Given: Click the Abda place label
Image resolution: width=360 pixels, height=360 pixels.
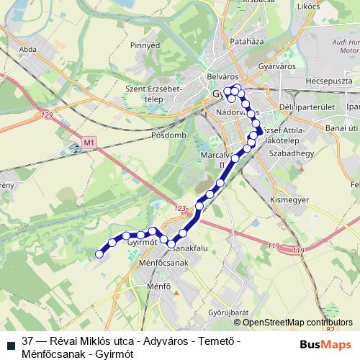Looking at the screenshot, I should (x=29, y=50).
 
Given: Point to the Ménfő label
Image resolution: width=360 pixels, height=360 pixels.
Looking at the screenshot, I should (x=158, y=287).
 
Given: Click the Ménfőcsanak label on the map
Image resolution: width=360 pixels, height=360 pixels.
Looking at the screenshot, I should (x=163, y=264).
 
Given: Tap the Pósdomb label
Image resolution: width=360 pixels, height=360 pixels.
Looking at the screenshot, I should (x=169, y=135).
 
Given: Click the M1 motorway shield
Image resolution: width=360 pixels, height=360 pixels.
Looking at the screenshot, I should (x=89, y=143).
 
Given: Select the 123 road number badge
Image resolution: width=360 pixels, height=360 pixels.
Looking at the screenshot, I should (x=179, y=208).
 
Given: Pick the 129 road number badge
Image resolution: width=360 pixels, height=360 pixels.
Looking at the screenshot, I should (x=48, y=116).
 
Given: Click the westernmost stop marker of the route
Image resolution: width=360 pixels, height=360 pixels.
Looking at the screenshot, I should (x=100, y=253).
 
